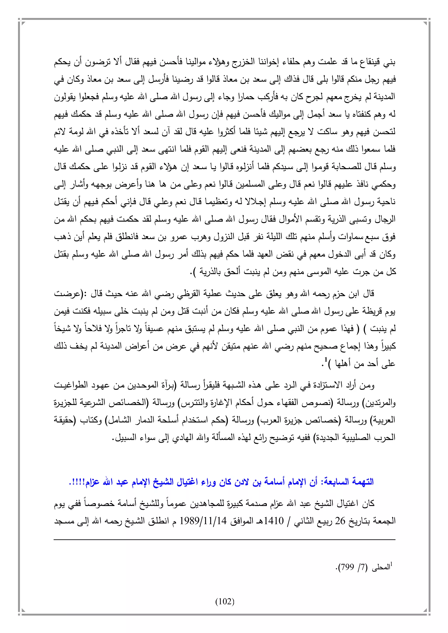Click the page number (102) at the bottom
(225, 601)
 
